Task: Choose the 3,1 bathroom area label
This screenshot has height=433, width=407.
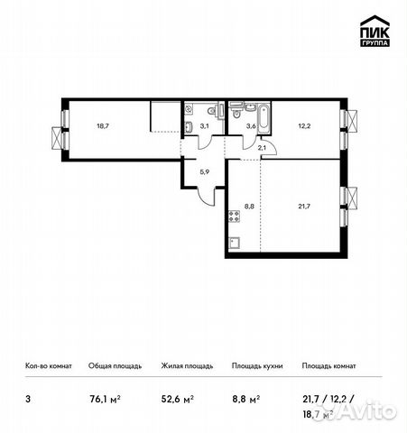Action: coord(204,127)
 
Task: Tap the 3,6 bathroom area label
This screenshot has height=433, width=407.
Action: coord(252,127)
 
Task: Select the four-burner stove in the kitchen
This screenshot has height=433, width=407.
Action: coord(234,216)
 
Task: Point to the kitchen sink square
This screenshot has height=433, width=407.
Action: coord(233,242)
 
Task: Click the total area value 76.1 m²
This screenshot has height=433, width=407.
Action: coord(105,396)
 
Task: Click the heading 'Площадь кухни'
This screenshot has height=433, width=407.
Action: coord(256,366)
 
